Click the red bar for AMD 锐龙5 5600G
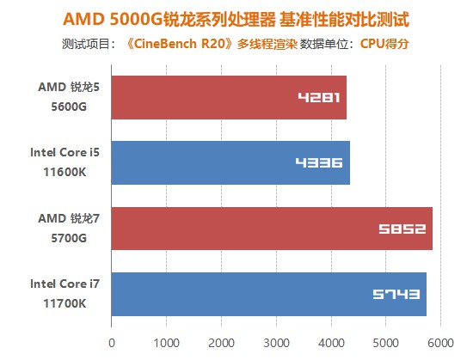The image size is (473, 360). coord(229,98)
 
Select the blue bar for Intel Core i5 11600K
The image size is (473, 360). coord(230,163)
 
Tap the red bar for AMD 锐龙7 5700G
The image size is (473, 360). coord(272,229)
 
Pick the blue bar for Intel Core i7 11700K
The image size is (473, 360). coord(268,294)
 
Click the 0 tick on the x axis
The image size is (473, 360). coord(112,341)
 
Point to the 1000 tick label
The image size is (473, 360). coord(166,341)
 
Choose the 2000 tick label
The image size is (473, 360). coord(221,341)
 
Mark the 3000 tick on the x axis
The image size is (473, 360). coord(276,341)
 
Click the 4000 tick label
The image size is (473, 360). coord(331,341)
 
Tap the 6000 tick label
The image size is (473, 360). coord(440,341)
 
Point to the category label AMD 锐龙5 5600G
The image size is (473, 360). coord(63,98)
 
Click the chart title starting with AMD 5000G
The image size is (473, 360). coord(236,18)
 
